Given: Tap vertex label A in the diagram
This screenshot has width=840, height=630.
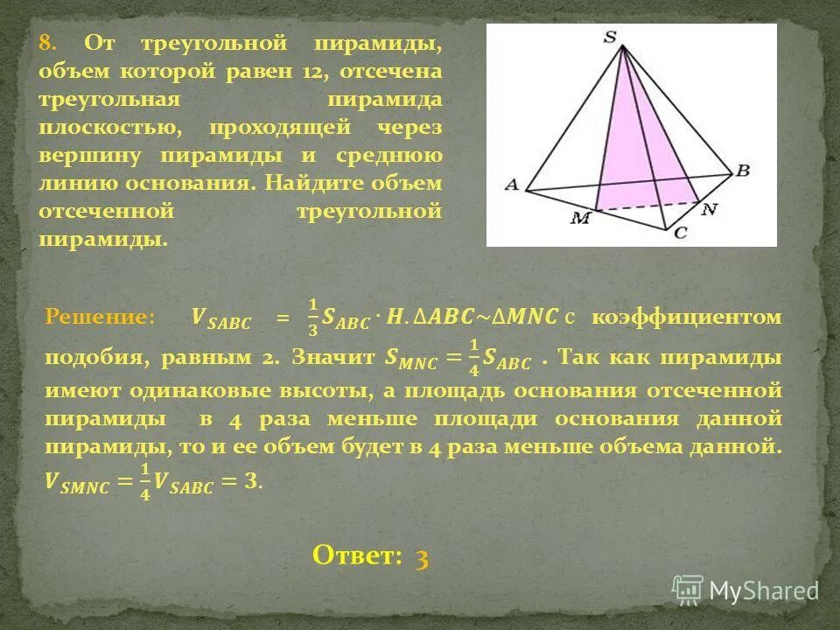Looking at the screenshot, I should pyautogui.click(x=511, y=184).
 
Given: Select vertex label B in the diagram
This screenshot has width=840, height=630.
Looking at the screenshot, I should pyautogui.click(x=743, y=171).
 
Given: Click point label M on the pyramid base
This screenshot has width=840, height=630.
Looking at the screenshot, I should pyautogui.click(x=579, y=217).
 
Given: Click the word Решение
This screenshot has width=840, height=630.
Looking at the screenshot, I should pyautogui.click(x=98, y=318).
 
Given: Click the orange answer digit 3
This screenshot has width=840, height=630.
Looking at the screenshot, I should pyautogui.click(x=422, y=558).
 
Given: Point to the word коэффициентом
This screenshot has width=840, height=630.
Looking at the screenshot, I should pyautogui.click(x=685, y=318).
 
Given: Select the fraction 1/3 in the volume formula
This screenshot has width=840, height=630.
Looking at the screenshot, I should pyautogui.click(x=312, y=318).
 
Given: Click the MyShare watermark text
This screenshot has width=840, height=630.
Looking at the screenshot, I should pyautogui.click(x=762, y=591).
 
